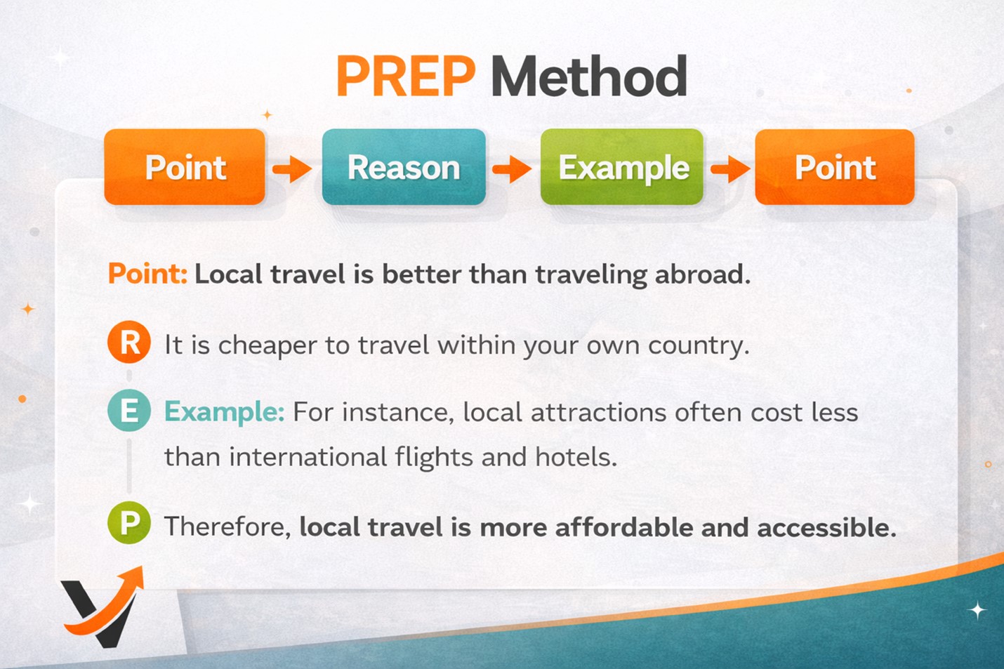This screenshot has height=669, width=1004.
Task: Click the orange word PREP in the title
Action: [406, 76]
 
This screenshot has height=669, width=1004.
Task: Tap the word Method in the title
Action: [589, 76]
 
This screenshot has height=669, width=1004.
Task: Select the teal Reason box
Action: [404, 166]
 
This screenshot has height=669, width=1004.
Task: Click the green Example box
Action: [621, 166]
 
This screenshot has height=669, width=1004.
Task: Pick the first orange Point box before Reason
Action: [185, 166]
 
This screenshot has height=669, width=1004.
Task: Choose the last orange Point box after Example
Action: [835, 166]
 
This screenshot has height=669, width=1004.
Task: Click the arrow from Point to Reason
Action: [292, 169]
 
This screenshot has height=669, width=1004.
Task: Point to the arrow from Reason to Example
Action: [512, 169]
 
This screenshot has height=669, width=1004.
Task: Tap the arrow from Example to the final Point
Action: [731, 169]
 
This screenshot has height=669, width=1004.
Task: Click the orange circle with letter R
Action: [129, 342]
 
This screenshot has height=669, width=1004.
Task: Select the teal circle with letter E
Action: [129, 410]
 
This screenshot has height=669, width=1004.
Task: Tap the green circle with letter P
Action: [129, 522]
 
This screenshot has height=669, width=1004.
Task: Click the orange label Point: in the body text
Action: [148, 273]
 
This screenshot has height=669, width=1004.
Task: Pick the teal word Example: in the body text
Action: [225, 412]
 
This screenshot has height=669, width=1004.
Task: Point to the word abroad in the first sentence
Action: [702, 274]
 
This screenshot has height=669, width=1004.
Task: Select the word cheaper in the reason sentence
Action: [267, 346]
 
